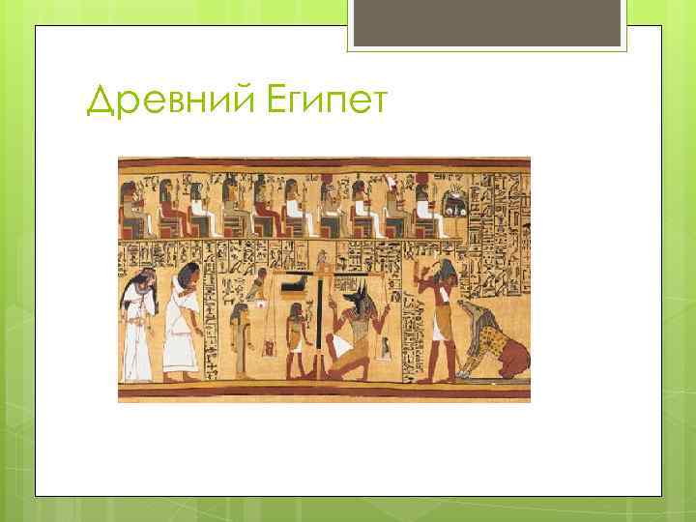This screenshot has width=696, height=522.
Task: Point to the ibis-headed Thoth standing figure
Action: pos(440,319)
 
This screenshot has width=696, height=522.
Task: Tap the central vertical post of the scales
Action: pos(320,319)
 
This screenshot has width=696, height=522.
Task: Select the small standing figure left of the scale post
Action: pos(294,338)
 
